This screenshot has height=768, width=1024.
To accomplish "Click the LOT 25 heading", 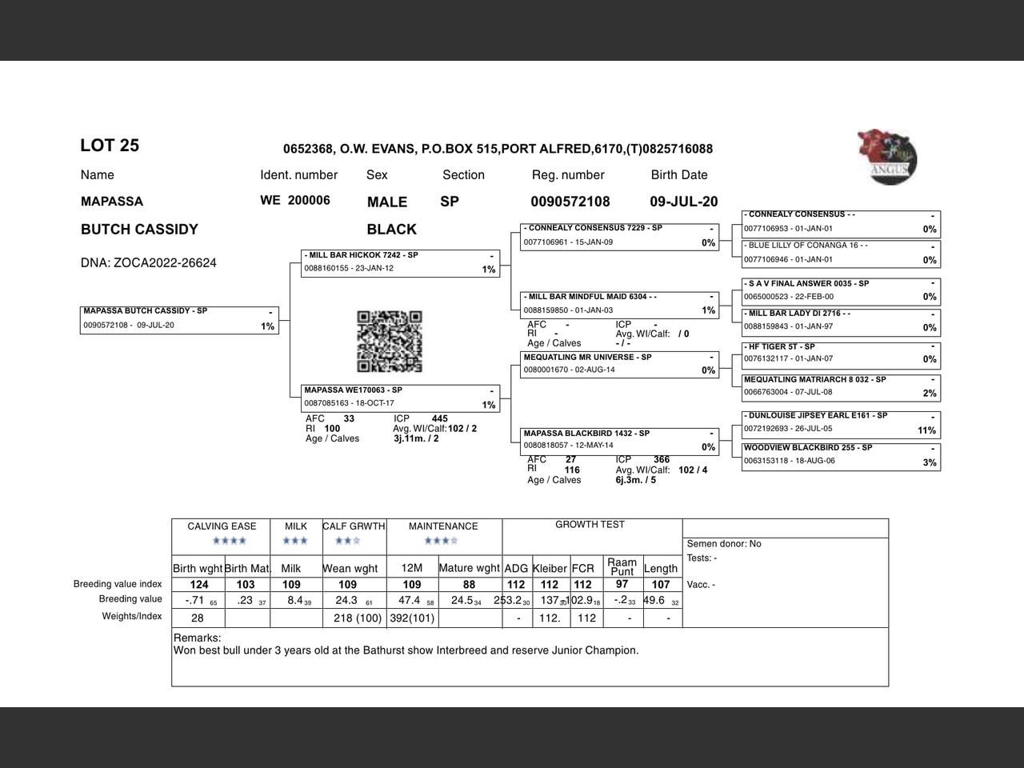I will click(x=110, y=146).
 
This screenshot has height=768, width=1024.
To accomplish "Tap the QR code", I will click(x=389, y=342).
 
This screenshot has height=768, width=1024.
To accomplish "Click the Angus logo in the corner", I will click(x=887, y=158).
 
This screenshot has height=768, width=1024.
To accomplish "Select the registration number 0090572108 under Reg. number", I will click(x=570, y=202).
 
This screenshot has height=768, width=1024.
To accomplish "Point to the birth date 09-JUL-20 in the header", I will click(x=683, y=202).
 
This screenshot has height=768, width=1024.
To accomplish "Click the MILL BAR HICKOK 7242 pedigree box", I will click(x=401, y=263).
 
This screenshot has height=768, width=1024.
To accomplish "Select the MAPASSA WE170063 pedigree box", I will click(x=401, y=398).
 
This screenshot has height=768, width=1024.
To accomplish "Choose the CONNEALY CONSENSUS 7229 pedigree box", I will click(x=620, y=237).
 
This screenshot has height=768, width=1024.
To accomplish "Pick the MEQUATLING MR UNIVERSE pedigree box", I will click(x=620, y=365).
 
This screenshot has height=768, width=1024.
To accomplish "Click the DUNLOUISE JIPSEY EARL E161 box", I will click(x=840, y=424).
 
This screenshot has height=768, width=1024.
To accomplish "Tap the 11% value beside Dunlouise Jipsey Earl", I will click(x=926, y=430).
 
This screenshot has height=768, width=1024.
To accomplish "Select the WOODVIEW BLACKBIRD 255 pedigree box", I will click(x=840, y=456).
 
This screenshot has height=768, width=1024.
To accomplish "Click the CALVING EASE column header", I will click(x=222, y=526).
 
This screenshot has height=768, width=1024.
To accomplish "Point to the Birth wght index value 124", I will click(x=199, y=585).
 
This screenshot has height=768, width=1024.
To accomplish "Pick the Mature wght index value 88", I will click(x=469, y=585).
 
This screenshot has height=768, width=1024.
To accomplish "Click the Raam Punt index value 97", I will click(x=622, y=585).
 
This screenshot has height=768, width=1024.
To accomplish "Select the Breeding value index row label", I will click(x=118, y=584).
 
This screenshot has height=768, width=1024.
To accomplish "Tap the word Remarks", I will click(x=197, y=638).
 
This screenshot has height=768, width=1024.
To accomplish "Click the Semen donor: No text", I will click(x=724, y=544).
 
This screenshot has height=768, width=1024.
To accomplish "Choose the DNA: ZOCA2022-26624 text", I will click(x=148, y=263).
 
